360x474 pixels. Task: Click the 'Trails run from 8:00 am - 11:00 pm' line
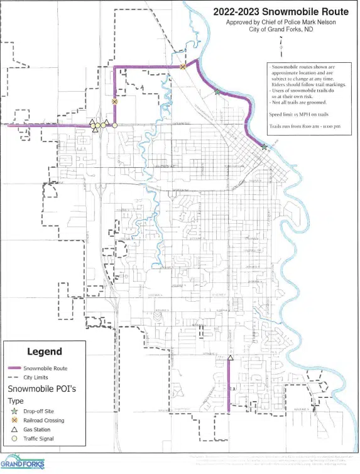pos(305,126)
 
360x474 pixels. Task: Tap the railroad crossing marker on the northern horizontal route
pos(183,67)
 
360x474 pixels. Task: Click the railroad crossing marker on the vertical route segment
pos(114,101)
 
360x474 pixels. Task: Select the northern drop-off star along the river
pos(217,92)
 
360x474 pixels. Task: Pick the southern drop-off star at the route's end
pos(265,147)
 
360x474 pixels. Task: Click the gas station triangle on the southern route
pos(231,358)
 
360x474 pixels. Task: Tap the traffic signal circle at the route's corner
pos(115,125)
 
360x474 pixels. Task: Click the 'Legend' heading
pos(44,351)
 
